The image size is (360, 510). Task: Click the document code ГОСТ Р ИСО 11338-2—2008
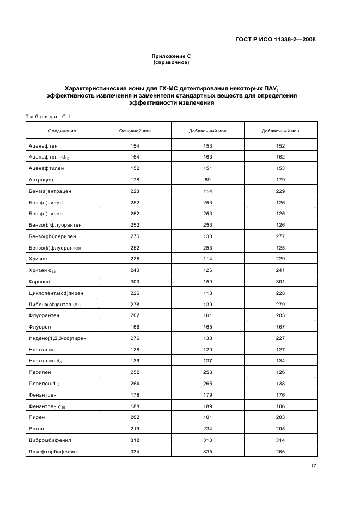click(277, 39)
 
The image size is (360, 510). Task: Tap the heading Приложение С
click(171, 56)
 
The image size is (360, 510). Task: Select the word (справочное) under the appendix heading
click(171, 62)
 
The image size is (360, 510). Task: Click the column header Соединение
click(62, 131)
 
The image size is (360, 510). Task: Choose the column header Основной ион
click(135, 131)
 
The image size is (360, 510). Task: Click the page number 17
click(314, 466)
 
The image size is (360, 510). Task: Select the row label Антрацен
click(41, 179)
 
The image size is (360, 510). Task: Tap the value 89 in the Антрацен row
click(208, 179)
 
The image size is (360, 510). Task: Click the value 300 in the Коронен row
click(135, 281)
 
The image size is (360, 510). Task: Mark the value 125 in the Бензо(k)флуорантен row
click(280, 247)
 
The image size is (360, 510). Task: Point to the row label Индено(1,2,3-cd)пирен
click(57, 338)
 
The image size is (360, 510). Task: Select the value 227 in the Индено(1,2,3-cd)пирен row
click(280, 338)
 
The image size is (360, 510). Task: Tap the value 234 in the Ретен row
click(208, 428)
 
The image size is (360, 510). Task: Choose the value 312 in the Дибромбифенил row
click(135, 440)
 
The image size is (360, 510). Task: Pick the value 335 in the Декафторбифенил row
click(208, 451)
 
